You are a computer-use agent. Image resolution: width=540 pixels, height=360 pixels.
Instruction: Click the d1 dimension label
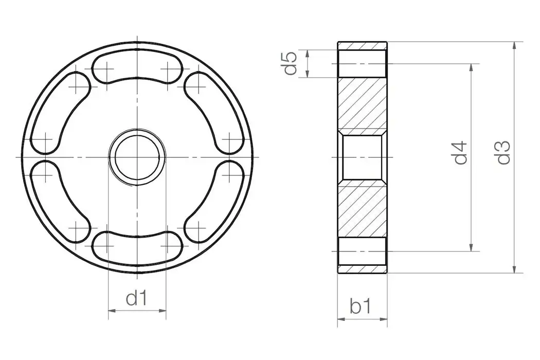pyautogui.click(x=137, y=298)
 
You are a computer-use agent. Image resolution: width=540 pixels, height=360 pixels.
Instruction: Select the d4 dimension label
pyautogui.click(x=461, y=152)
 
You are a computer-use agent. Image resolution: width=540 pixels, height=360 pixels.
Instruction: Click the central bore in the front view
pyautogui.click(x=137, y=156)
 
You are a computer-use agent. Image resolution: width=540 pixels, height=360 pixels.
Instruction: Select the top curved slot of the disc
pyautogui.click(x=137, y=67)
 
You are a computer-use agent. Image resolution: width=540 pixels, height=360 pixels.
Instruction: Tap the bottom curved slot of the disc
pyautogui.click(x=137, y=245)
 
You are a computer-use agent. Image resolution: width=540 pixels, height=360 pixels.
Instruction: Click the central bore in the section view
pyautogui.click(x=363, y=156)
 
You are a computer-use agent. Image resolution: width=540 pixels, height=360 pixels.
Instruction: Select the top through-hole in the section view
pyautogui.click(x=363, y=64)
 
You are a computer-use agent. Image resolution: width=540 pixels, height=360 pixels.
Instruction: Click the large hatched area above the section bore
pyautogui.click(x=363, y=103)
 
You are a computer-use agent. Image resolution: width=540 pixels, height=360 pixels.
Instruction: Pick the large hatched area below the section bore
pyautogui.click(x=363, y=208)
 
